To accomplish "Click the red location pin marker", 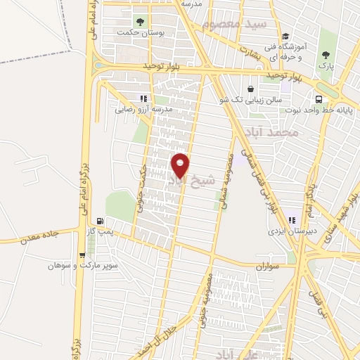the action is pyautogui.click(x=180, y=166).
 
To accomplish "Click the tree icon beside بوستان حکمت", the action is pyautogui.click(x=140, y=21).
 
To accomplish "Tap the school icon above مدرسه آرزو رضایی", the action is pyautogui.click(x=144, y=99).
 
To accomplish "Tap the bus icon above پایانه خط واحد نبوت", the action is pyautogui.click(x=319, y=99).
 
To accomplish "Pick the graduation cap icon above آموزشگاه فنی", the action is pyautogui.click(x=285, y=37).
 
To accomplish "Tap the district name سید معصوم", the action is pyautogui.click(x=234, y=24).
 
